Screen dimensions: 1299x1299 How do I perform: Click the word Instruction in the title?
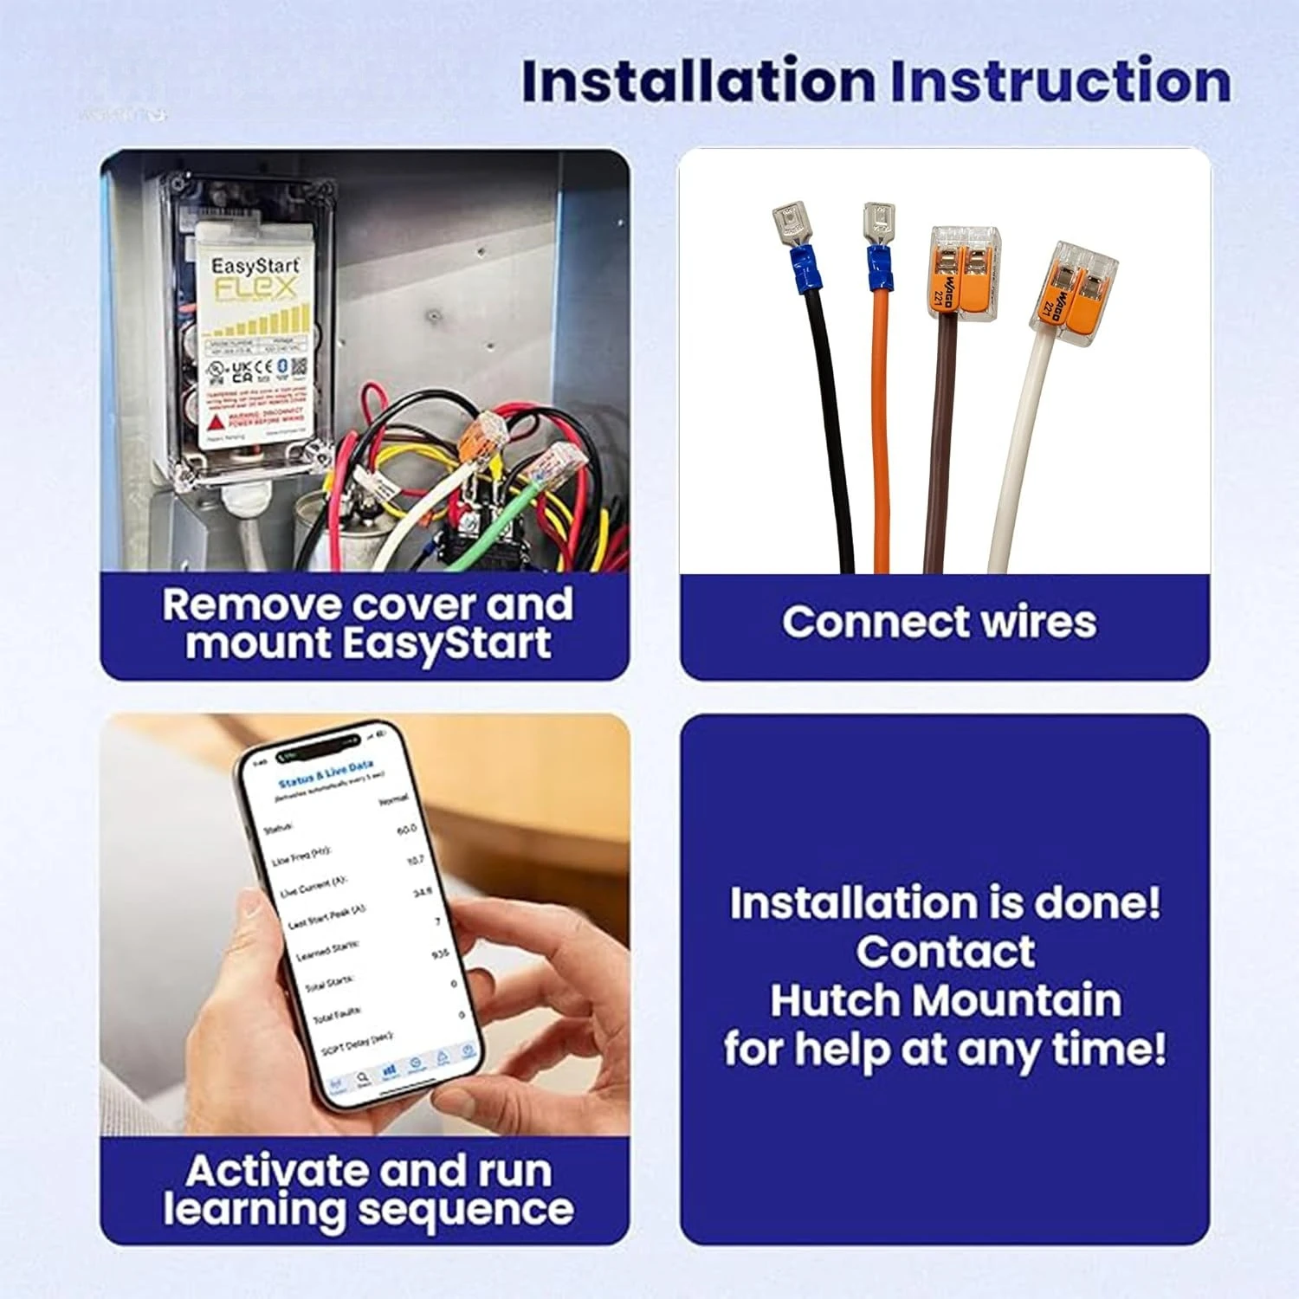1060,81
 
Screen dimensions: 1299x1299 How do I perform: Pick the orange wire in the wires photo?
882,433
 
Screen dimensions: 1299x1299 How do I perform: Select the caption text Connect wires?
939,622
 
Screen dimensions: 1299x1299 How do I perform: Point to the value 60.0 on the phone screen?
406,830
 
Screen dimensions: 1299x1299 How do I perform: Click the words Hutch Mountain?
945,1000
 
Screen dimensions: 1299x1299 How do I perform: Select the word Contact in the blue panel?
945,952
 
